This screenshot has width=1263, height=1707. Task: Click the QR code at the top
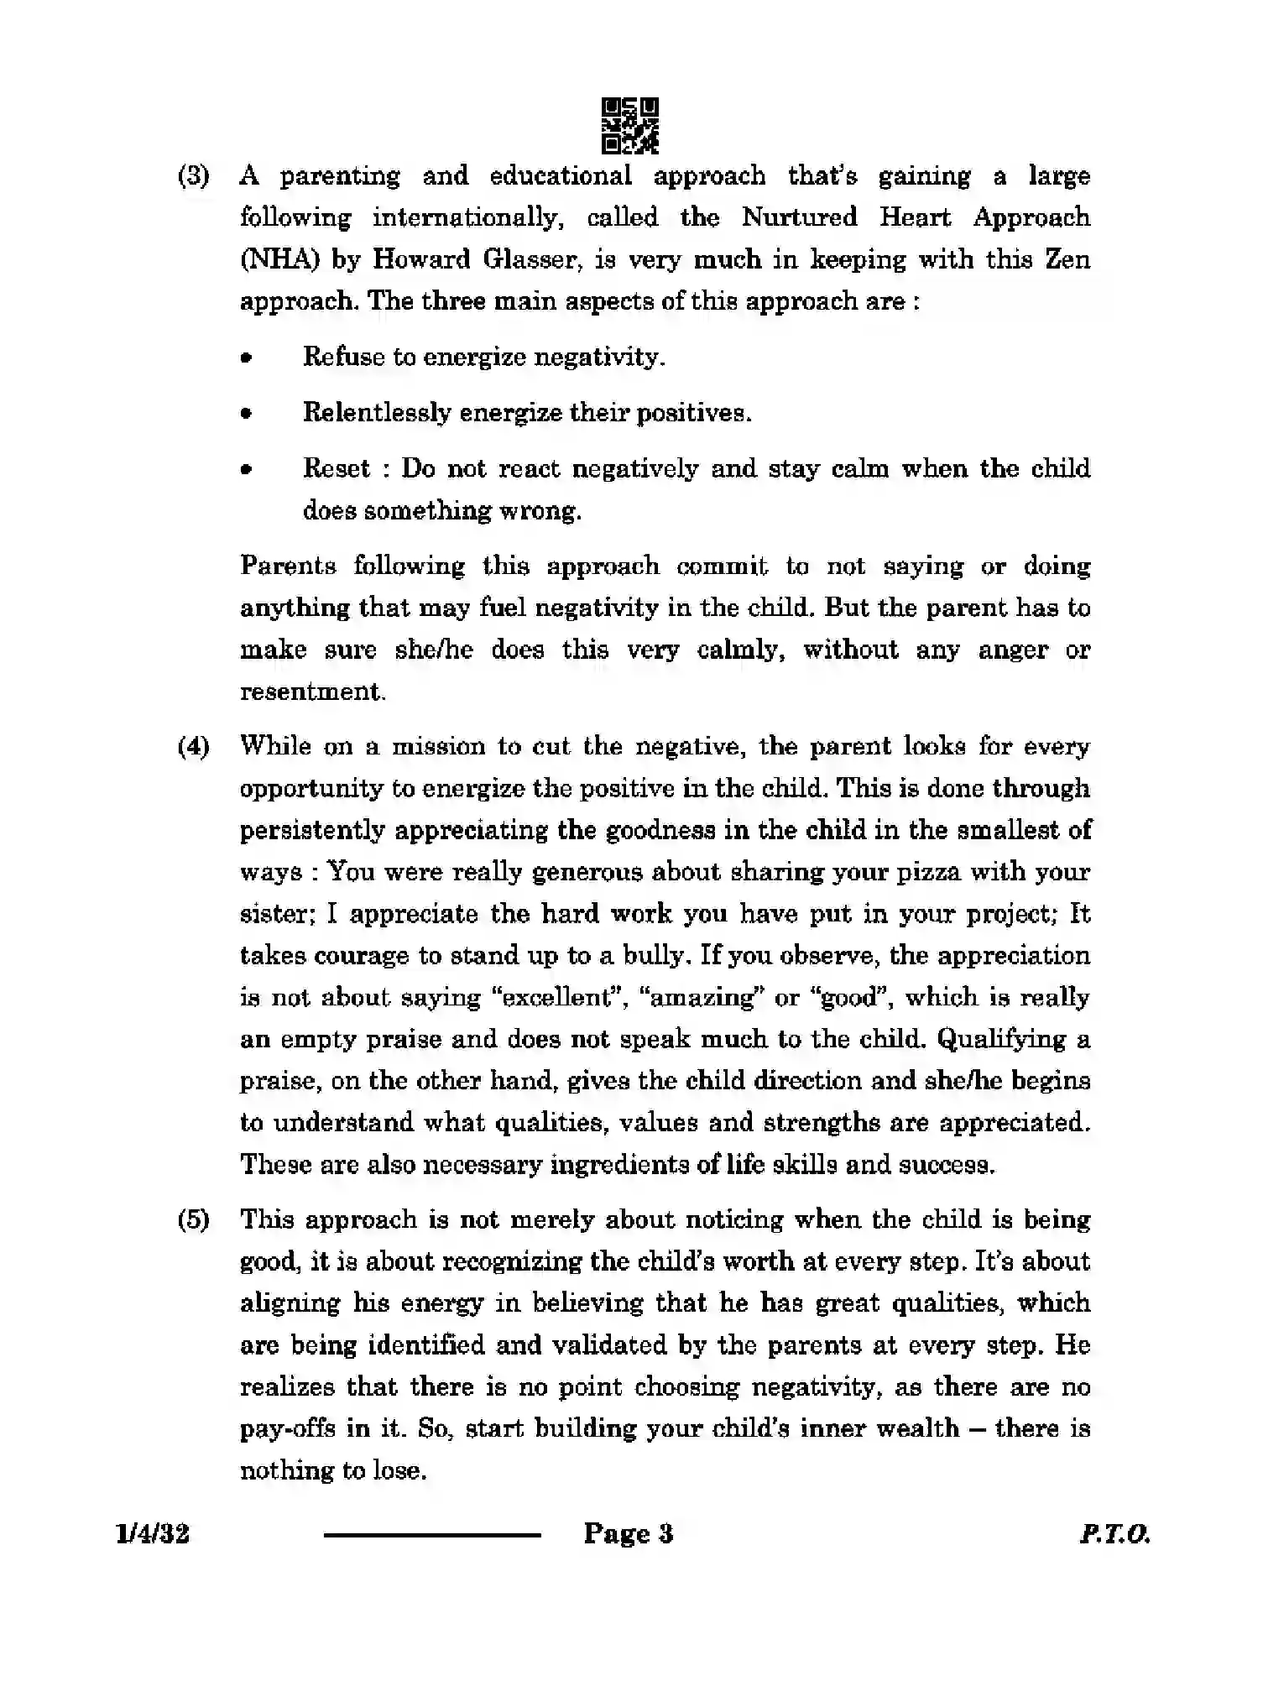pos(630,126)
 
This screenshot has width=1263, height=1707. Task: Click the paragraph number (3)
pos(193,176)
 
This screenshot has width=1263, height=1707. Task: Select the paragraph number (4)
pos(193,747)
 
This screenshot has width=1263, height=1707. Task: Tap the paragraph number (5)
pos(193,1220)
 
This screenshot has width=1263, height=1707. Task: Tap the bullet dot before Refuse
pos(246,358)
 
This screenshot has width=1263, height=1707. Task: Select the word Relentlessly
pos(377,413)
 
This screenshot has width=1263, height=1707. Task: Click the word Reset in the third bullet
pos(336,468)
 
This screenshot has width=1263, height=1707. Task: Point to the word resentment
pos(312,692)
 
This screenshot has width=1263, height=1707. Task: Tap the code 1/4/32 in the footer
pos(154,1534)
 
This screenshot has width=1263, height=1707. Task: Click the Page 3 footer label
pos(629,1534)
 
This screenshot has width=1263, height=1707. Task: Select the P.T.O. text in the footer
pos(1114,1534)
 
